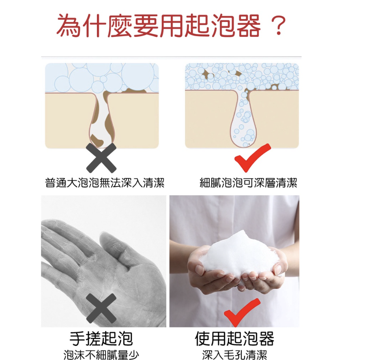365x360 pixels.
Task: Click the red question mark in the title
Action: point(278,26)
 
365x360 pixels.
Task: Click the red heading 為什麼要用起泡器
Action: point(158,26)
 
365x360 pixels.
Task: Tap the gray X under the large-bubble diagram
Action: point(101,158)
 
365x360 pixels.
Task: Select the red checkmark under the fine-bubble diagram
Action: point(252,158)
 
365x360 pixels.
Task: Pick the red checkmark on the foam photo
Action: point(242,313)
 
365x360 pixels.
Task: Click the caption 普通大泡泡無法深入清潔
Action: point(105,183)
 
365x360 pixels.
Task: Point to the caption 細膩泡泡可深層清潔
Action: point(248,183)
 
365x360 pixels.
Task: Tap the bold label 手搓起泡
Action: point(101,339)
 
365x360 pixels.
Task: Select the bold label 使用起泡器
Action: point(234,339)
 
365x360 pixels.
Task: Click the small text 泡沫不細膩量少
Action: point(101,355)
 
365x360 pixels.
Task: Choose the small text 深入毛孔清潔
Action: point(234,355)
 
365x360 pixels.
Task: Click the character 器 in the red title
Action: point(248,26)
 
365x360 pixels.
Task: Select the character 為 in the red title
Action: point(69,26)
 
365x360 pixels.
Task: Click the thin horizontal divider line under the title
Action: point(171,56)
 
